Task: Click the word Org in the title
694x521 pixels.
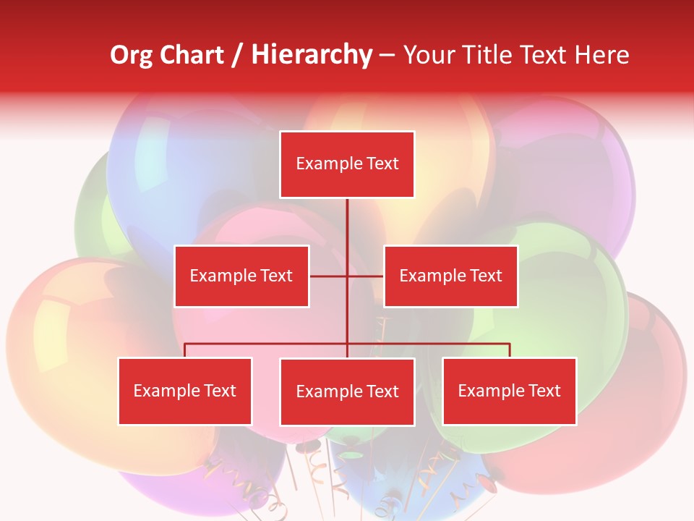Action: coord(131,55)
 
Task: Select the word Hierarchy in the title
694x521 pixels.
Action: coord(311,55)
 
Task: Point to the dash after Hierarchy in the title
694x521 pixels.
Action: coord(387,55)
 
